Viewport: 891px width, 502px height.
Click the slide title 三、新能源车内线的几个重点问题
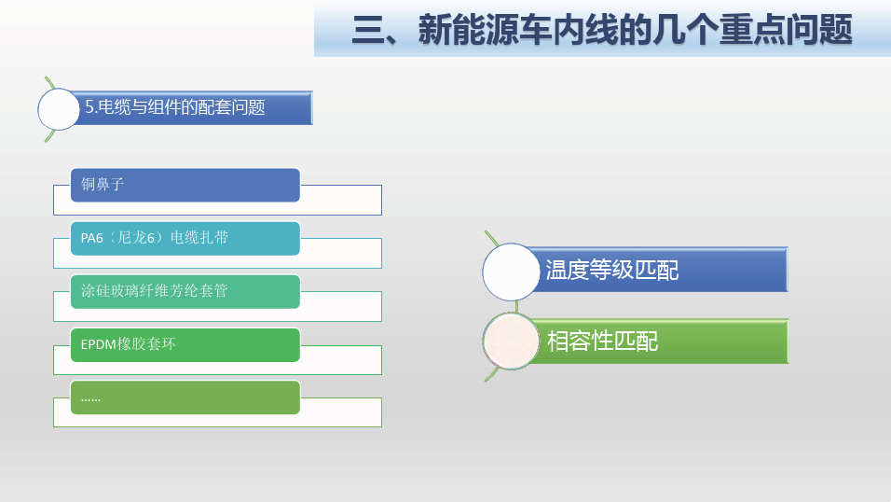tap(602, 30)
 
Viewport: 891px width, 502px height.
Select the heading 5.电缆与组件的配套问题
tap(175, 107)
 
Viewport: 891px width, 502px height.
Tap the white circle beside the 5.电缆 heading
tap(59, 109)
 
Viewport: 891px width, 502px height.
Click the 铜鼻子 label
tap(103, 185)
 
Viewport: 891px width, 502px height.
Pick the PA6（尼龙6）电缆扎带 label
tap(155, 238)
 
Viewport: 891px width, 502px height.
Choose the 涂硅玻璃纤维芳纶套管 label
tap(154, 291)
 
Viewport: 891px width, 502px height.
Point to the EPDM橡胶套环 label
tap(128, 344)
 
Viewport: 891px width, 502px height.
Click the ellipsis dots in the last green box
tap(90, 400)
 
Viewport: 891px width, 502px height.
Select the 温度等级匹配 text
tap(612, 270)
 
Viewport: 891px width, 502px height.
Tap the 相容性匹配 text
tap(602, 342)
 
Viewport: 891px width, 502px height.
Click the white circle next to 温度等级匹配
tap(511, 272)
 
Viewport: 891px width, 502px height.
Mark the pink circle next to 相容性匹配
tap(511, 342)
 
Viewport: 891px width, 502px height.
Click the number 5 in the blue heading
tap(89, 107)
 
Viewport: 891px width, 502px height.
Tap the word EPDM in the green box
tap(99, 344)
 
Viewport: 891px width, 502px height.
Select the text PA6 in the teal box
tap(92, 238)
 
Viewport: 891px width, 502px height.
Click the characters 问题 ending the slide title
tap(819, 30)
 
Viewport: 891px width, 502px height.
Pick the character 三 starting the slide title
tap(368, 30)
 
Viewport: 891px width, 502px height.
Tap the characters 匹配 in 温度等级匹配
tap(657, 270)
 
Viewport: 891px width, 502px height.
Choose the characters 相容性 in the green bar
tap(580, 342)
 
